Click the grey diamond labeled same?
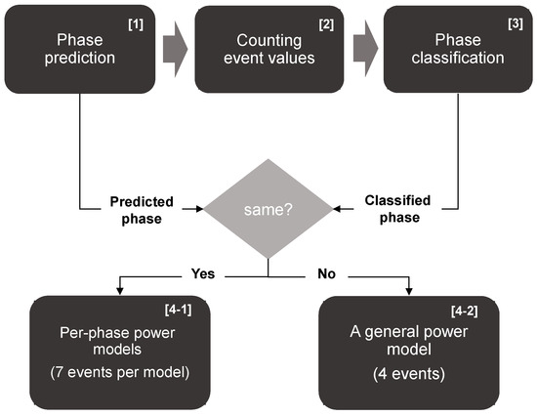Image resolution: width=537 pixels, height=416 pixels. click(x=268, y=209)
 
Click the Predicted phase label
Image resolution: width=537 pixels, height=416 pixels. click(x=142, y=209)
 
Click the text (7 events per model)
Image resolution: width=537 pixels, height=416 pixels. click(x=118, y=374)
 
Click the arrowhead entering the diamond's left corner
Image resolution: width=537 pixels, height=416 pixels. click(x=198, y=209)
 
